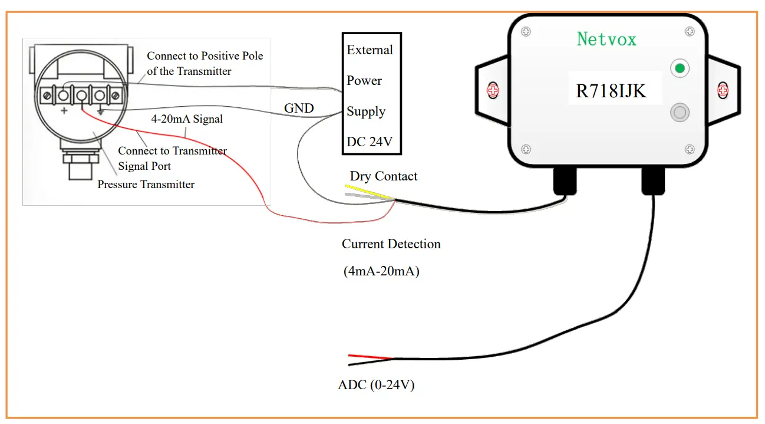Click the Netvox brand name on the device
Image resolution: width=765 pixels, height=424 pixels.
[x=606, y=39]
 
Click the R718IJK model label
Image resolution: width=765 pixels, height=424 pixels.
[x=611, y=91]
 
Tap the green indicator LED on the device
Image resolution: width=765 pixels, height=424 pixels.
[x=680, y=68]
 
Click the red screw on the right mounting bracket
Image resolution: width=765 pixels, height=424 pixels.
[x=722, y=90]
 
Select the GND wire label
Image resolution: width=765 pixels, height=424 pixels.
[x=299, y=109]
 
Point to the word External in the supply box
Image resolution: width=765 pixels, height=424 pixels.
[x=370, y=50]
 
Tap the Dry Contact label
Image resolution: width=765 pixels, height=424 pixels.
[x=383, y=176]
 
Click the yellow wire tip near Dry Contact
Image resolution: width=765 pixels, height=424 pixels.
[x=354, y=187]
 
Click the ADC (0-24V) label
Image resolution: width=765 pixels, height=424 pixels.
[x=376, y=386]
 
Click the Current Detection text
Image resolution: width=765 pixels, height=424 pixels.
[x=391, y=244]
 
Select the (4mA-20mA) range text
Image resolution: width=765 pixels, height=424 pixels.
[x=381, y=272]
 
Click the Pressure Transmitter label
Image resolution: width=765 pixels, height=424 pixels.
[x=146, y=185]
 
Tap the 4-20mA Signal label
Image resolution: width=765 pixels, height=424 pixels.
[x=187, y=119]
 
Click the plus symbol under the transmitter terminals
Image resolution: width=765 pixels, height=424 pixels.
[x=64, y=111]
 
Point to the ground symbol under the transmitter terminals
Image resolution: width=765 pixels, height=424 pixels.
[x=101, y=111]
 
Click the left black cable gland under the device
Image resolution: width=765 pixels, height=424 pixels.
[x=565, y=180]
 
